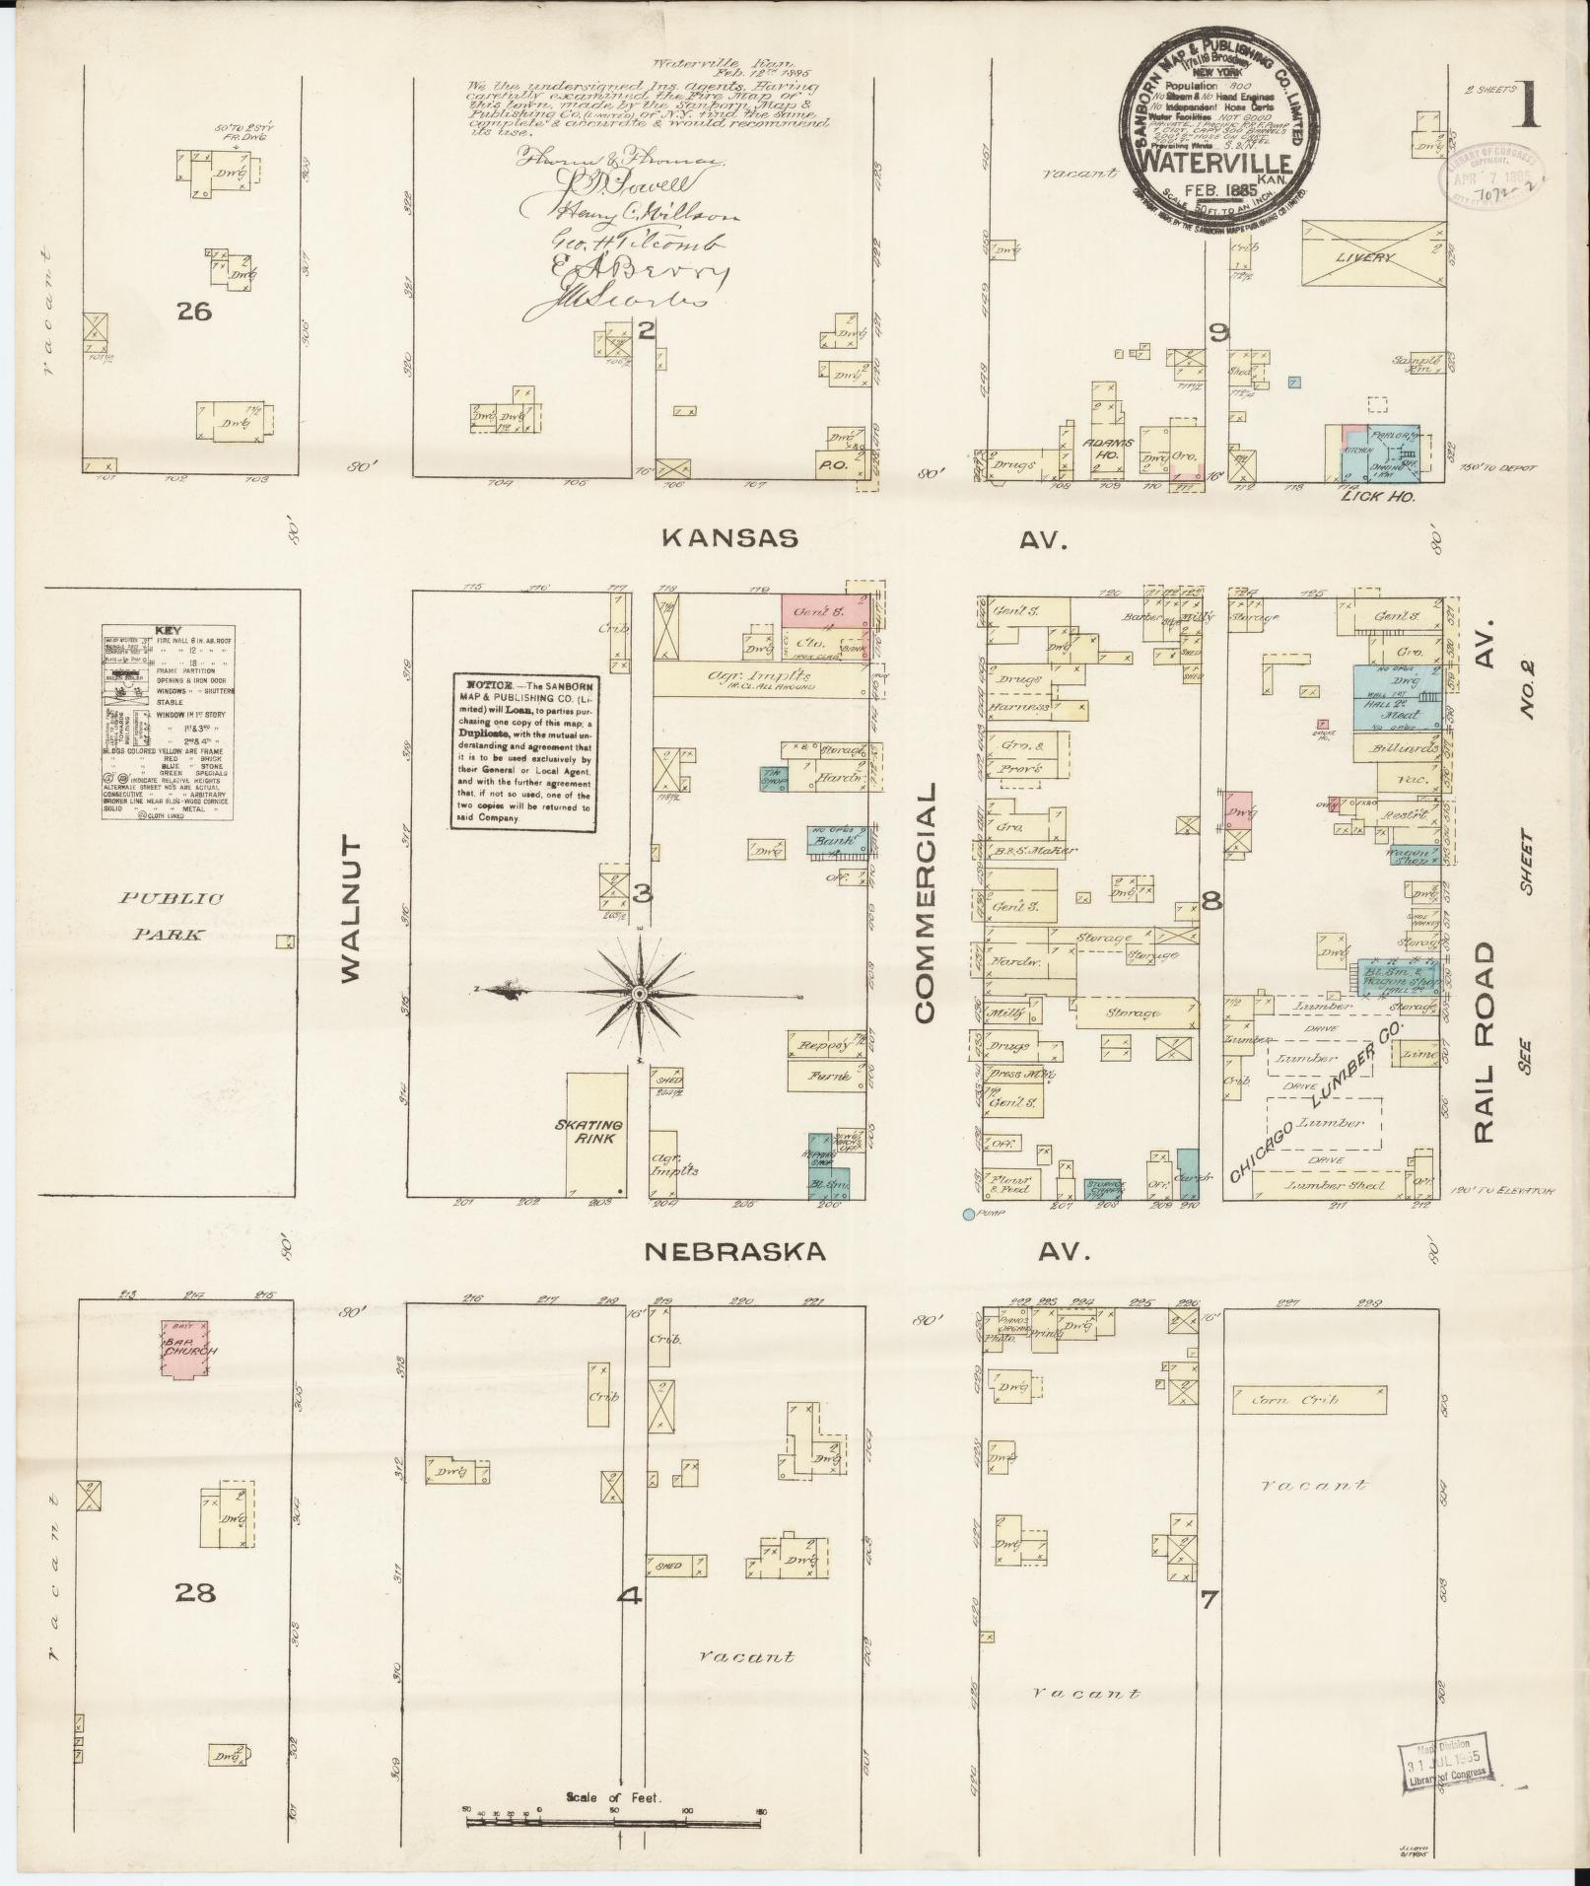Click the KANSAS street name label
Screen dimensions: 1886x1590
728,537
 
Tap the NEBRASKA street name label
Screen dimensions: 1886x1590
734,1252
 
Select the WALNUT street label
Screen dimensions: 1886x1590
353,910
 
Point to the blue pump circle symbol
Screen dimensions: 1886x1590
969,1214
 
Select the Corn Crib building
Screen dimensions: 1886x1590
1306,1398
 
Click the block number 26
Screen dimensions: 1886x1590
193,312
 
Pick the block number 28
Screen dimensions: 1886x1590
195,1591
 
